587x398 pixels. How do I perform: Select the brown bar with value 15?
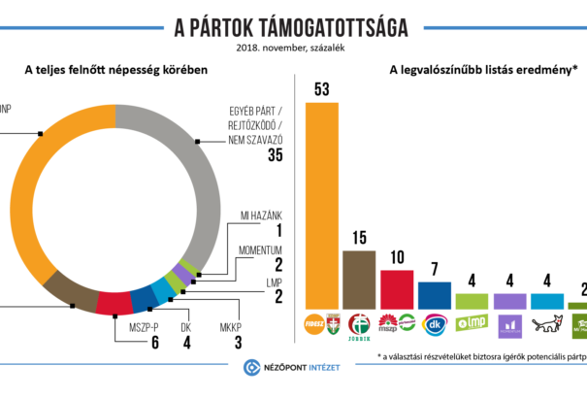pos(360,280)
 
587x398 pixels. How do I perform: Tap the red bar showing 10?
pos(397,289)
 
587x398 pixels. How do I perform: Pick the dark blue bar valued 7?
pos(434,295)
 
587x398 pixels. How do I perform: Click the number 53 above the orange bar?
pos(323,90)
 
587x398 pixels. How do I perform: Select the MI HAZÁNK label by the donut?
pos(259,215)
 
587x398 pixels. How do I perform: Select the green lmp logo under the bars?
pos(471,323)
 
